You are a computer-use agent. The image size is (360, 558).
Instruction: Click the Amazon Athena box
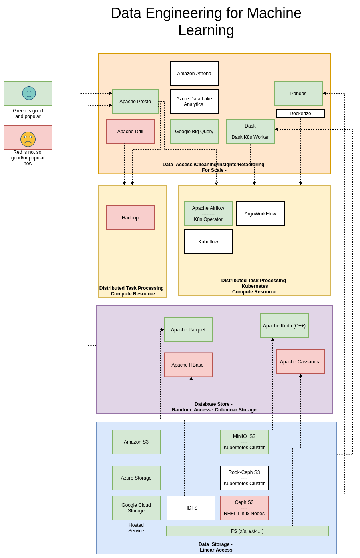[x=194, y=73]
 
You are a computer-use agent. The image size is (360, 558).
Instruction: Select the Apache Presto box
[x=135, y=101]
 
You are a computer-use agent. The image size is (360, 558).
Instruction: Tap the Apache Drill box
[x=130, y=131]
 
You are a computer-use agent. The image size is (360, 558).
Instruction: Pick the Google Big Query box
[x=194, y=131]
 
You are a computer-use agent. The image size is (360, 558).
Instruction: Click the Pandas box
[x=298, y=93]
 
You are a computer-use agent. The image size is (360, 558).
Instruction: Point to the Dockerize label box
[x=300, y=113]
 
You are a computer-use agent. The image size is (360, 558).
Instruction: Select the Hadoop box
[x=130, y=217]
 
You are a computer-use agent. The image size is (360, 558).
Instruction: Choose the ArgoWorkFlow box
[x=260, y=213]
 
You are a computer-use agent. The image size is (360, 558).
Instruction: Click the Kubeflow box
[x=208, y=241]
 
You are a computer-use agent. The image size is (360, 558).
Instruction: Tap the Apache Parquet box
[x=188, y=329]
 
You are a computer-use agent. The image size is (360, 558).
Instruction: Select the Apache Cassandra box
[x=300, y=361]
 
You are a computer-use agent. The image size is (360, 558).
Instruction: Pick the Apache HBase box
[x=188, y=365]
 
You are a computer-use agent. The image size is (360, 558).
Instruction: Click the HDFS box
[x=191, y=508]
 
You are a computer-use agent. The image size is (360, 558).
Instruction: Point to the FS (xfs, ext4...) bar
[x=247, y=531]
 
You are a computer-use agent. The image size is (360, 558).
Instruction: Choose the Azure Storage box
[x=136, y=478]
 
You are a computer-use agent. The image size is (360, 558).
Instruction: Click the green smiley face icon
[x=29, y=93]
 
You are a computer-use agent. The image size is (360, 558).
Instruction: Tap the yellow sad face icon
[x=28, y=139]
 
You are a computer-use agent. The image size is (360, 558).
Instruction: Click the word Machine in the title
[x=274, y=13]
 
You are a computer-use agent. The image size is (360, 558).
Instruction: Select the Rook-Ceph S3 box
[x=244, y=478]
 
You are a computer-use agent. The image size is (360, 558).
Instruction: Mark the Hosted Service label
[x=136, y=528]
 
